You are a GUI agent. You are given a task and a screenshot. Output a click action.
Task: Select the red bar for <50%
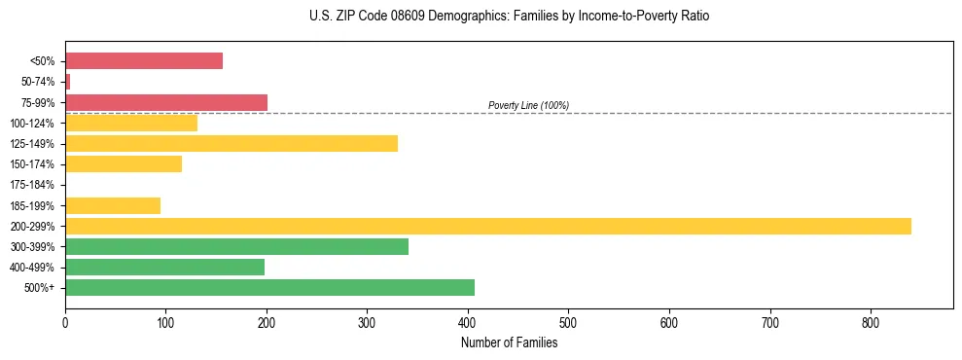coord(144,61)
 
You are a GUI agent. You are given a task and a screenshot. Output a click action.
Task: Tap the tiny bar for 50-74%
coord(68,82)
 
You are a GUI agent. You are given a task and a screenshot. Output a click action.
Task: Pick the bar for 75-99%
coord(166,102)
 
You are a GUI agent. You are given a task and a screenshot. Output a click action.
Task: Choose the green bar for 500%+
coord(269,288)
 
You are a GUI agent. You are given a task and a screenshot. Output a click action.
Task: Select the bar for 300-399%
coord(236,247)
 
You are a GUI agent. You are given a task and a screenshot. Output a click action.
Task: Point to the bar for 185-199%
coord(113,205)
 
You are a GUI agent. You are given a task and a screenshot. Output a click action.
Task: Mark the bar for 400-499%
coord(164,268)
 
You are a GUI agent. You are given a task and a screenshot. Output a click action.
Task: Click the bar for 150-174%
coord(124,164)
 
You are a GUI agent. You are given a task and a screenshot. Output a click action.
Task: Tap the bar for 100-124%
coord(131,123)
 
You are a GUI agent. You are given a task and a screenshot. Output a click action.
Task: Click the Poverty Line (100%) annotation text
coord(528,105)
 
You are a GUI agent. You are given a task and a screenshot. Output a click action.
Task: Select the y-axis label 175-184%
coord(32,185)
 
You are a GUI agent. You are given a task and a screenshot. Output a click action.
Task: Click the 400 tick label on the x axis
coord(468,324)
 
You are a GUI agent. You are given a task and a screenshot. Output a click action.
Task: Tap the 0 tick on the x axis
coord(65,324)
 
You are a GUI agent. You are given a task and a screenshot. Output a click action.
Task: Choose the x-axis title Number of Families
coord(509,342)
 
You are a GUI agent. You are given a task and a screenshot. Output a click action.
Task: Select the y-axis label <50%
coord(43,61)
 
